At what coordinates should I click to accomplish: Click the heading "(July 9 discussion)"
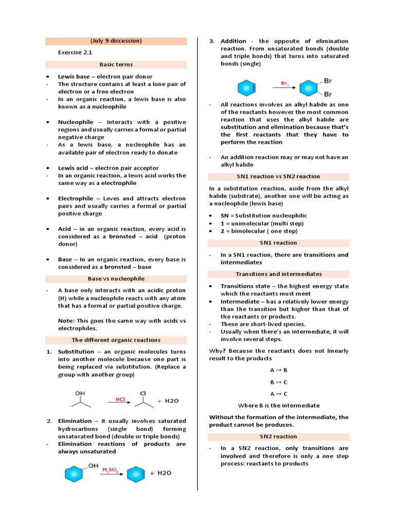(x=116, y=41)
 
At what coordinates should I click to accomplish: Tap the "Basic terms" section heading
(x=116, y=65)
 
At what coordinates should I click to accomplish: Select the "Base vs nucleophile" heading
(x=116, y=279)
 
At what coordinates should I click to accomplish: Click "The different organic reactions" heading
(x=116, y=340)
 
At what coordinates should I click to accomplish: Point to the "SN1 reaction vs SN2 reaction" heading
(x=278, y=177)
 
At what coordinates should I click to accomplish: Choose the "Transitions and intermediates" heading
(x=278, y=274)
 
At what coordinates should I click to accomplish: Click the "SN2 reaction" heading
(x=278, y=437)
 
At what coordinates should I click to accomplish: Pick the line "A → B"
(x=278, y=370)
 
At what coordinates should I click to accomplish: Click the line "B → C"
(x=278, y=382)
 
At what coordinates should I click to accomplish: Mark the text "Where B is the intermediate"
(x=278, y=406)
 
